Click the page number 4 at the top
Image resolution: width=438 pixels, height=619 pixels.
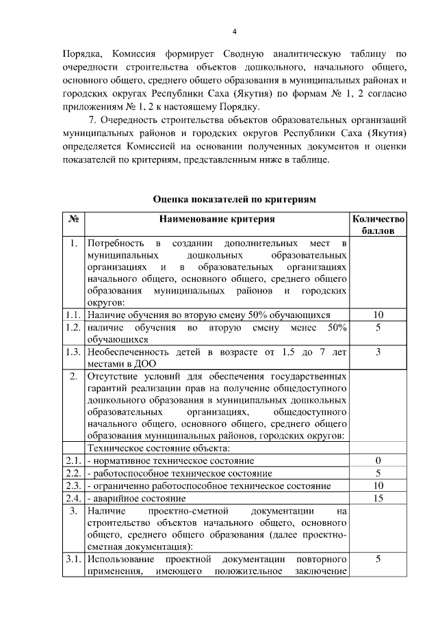click(x=234, y=32)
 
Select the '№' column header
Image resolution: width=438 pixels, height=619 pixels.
click(x=73, y=220)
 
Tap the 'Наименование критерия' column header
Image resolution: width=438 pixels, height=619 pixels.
click(x=217, y=220)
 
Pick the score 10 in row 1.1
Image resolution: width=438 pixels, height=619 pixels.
click(x=378, y=315)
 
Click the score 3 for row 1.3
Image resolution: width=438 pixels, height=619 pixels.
click(x=378, y=352)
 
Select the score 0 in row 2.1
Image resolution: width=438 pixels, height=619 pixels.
click(x=378, y=460)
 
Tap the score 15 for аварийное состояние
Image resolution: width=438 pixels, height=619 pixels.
click(x=378, y=498)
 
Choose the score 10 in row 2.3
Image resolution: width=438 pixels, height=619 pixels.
click(x=378, y=486)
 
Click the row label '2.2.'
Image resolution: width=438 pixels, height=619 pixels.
click(x=73, y=473)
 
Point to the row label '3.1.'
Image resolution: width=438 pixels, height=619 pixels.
click(x=73, y=559)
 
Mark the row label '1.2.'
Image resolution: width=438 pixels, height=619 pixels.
click(x=73, y=328)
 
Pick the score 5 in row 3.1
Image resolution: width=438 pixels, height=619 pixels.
click(x=378, y=559)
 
